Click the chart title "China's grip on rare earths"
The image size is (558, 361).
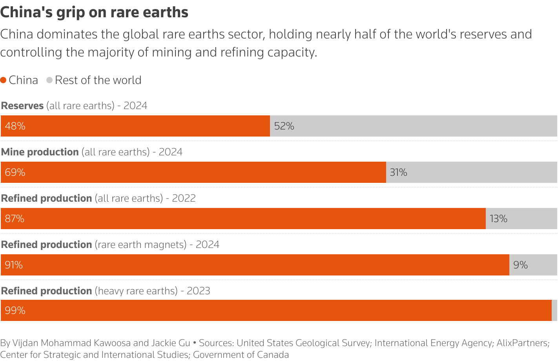point(94,13)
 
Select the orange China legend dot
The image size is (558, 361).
point(4,80)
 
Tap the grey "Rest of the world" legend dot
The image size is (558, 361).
point(49,80)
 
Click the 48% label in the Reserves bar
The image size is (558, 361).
point(15,126)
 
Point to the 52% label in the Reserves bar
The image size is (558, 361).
point(284,126)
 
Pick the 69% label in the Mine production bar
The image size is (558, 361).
point(15,172)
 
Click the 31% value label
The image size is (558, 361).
point(398,172)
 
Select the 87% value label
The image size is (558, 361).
point(15,219)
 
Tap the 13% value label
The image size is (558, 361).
point(498,219)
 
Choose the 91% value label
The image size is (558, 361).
point(14,265)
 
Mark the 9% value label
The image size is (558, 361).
point(520,265)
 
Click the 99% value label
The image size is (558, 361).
point(15,310)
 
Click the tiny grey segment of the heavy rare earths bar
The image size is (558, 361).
point(554,310)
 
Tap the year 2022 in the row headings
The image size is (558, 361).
point(184,198)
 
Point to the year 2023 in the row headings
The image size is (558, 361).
point(199,291)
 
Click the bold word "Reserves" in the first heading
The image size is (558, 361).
point(22,106)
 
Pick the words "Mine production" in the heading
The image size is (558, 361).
point(40,152)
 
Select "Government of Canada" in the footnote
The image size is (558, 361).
point(241,355)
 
